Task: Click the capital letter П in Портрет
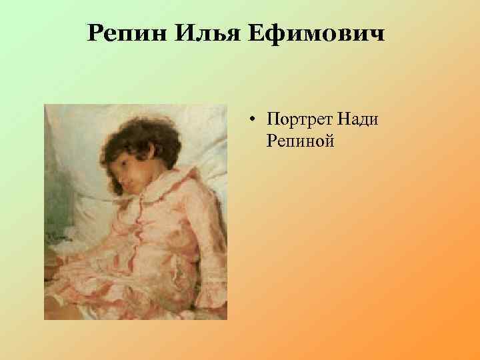272,120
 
